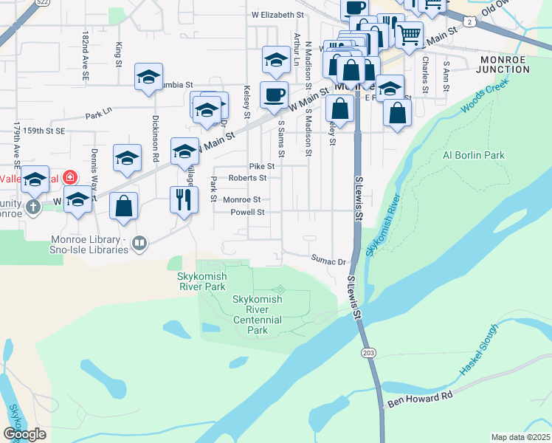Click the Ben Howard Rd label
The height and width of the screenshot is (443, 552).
(x=419, y=401)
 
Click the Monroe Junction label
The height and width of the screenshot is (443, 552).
(x=505, y=64)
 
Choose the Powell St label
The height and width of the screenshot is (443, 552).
(x=247, y=212)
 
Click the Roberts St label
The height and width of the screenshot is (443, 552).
(x=247, y=178)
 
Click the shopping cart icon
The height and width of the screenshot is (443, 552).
(x=408, y=33)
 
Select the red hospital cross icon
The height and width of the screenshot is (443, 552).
(x=69, y=178)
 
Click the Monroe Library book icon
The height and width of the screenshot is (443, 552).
(x=139, y=242)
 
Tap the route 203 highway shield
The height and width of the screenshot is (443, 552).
(x=368, y=354)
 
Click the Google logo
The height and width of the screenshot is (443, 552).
(x=24, y=434)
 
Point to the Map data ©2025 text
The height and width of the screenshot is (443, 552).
(x=520, y=437)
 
